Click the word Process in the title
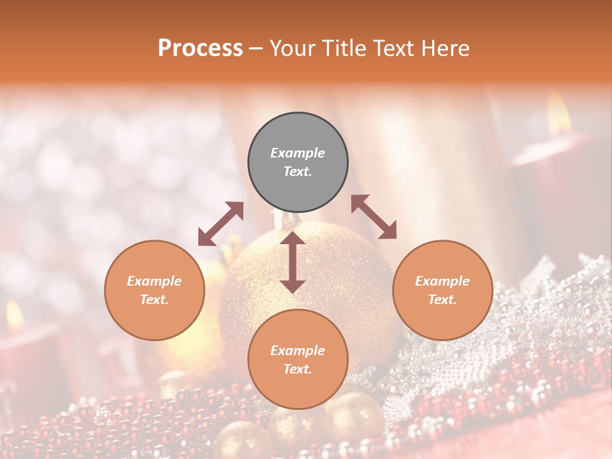[x=200, y=48]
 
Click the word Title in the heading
[x=340, y=48]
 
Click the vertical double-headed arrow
[x=293, y=262]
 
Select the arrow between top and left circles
[x=221, y=224]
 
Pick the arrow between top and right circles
[x=374, y=217]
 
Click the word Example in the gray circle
[x=298, y=153]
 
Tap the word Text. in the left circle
[x=154, y=300]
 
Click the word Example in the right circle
[x=442, y=281]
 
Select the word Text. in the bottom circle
[x=298, y=369]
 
